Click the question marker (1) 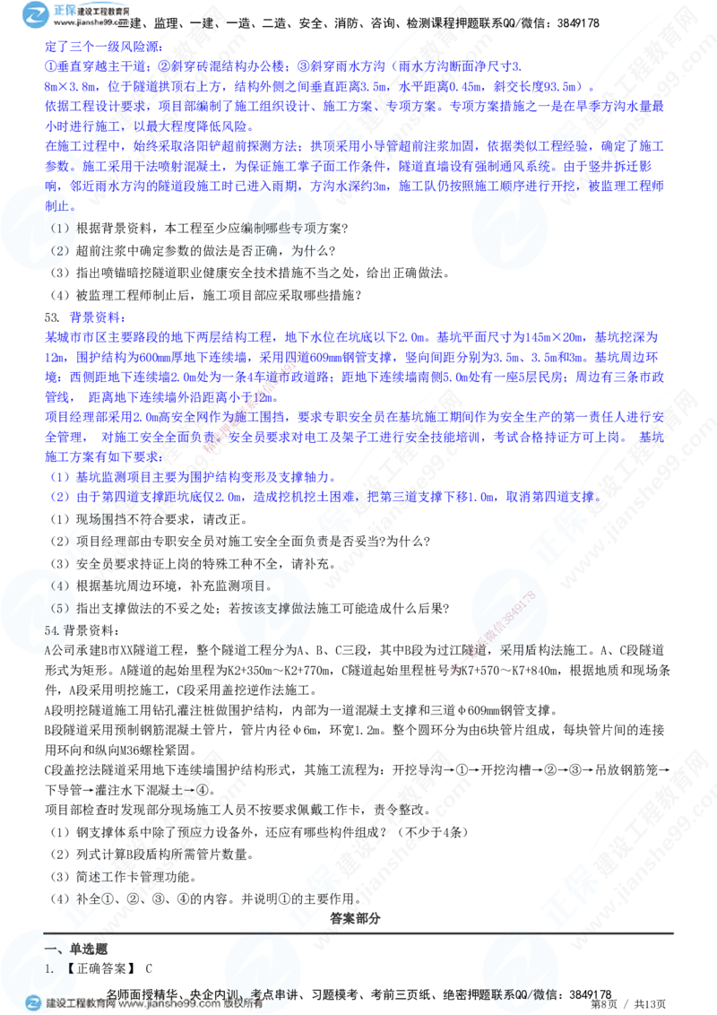coord(60,228)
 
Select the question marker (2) coord(60,251)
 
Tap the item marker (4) coord(59,586)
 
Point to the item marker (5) coord(59,606)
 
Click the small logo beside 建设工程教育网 coord(33,1003)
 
